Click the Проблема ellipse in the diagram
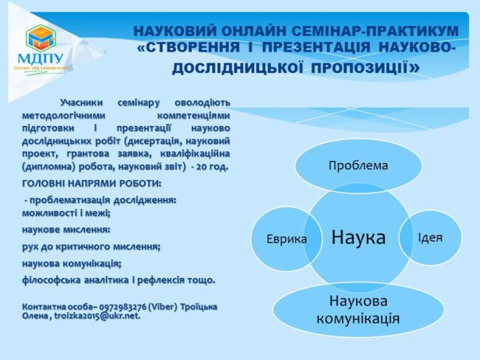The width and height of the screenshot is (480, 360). (x=357, y=165)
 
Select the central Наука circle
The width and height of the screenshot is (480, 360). (x=358, y=238)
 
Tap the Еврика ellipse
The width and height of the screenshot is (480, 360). (x=287, y=238)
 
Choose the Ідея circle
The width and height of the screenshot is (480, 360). (x=430, y=238)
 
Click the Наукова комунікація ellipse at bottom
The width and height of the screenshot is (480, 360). (x=358, y=309)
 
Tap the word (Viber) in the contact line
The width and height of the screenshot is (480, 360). (x=165, y=306)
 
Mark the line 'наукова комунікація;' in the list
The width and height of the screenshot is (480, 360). (x=72, y=263)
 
